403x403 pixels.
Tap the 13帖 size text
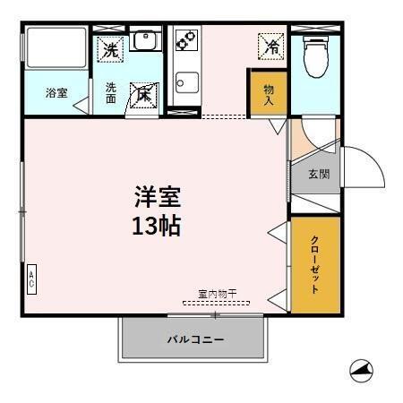tap(156, 225)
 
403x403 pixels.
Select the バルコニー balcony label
tap(194, 339)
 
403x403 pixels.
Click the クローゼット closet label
tap(315, 264)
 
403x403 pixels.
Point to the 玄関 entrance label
tap(319, 174)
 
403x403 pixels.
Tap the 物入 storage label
tap(268, 94)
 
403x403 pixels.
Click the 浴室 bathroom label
tap(56, 93)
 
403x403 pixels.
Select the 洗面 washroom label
tap(111, 93)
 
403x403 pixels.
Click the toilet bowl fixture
tap(315, 56)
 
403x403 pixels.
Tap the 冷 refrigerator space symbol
tap(269, 44)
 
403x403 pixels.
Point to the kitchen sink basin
tap(185, 85)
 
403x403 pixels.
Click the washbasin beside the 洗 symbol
tap(144, 40)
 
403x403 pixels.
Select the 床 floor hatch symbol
tap(143, 94)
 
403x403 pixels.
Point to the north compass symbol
tap(362, 369)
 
